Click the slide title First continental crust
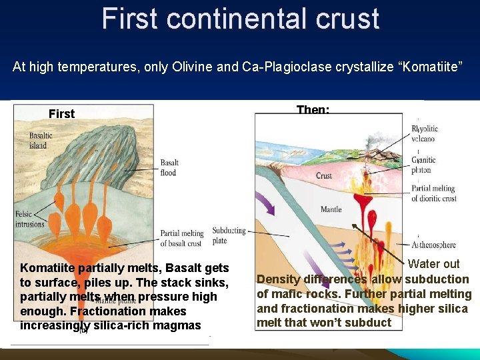[x=240, y=19]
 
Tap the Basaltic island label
[x=41, y=140]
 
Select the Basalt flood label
[x=169, y=168]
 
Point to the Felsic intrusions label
[x=29, y=219]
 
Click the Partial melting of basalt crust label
[x=181, y=238]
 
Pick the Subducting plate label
[x=229, y=235]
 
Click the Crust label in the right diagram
[x=323, y=176]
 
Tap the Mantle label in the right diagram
[x=331, y=209]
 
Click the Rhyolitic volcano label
[x=423, y=133]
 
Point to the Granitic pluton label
[x=423, y=165]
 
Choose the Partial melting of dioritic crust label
[x=433, y=193]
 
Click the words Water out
[x=433, y=264]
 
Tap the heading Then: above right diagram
[x=312, y=109]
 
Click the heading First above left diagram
[x=61, y=114]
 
